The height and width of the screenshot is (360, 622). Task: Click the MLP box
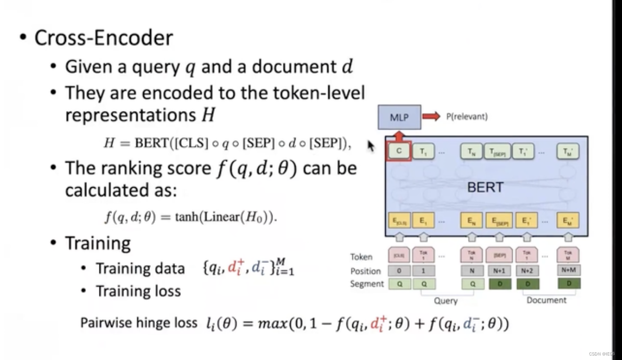[x=399, y=117]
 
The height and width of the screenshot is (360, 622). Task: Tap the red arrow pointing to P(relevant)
[x=431, y=117]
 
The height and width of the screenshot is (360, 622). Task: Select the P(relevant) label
[x=467, y=117]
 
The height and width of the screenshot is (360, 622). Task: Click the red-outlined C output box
[x=399, y=152]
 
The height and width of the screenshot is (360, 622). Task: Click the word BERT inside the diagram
[x=485, y=187]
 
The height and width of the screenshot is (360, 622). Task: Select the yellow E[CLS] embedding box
[x=399, y=221]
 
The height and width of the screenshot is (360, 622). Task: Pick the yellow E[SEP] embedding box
[x=499, y=221]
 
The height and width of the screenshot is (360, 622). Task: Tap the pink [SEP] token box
[x=499, y=256]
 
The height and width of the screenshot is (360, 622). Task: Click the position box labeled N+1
[x=499, y=271]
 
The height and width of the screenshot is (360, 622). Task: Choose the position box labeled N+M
[x=568, y=270]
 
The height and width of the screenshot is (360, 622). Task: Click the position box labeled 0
[x=399, y=271]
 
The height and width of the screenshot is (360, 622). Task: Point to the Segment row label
[x=367, y=284]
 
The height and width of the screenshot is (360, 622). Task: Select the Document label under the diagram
[x=546, y=300]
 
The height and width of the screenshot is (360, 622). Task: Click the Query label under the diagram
[x=446, y=301]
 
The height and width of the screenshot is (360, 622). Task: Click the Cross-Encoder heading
[x=104, y=38]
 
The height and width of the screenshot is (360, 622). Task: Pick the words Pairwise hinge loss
[x=139, y=323]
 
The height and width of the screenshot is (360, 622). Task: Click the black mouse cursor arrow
[x=371, y=146]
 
